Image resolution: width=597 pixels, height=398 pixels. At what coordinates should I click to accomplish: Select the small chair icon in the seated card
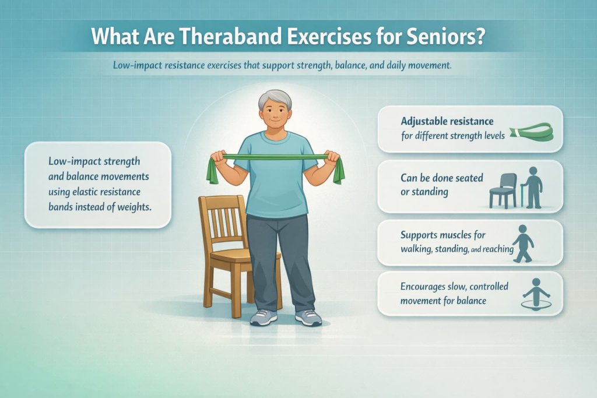point(503,189)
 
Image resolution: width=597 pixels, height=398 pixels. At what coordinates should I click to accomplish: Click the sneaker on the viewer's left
point(264,317)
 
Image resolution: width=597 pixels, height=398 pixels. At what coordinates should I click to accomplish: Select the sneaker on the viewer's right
point(308,317)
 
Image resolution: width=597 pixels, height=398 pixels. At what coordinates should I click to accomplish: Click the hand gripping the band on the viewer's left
point(217,156)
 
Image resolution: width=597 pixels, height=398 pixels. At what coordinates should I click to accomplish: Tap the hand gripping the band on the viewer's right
point(333,156)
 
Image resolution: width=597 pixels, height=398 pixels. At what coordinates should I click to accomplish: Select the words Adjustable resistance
point(447,121)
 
